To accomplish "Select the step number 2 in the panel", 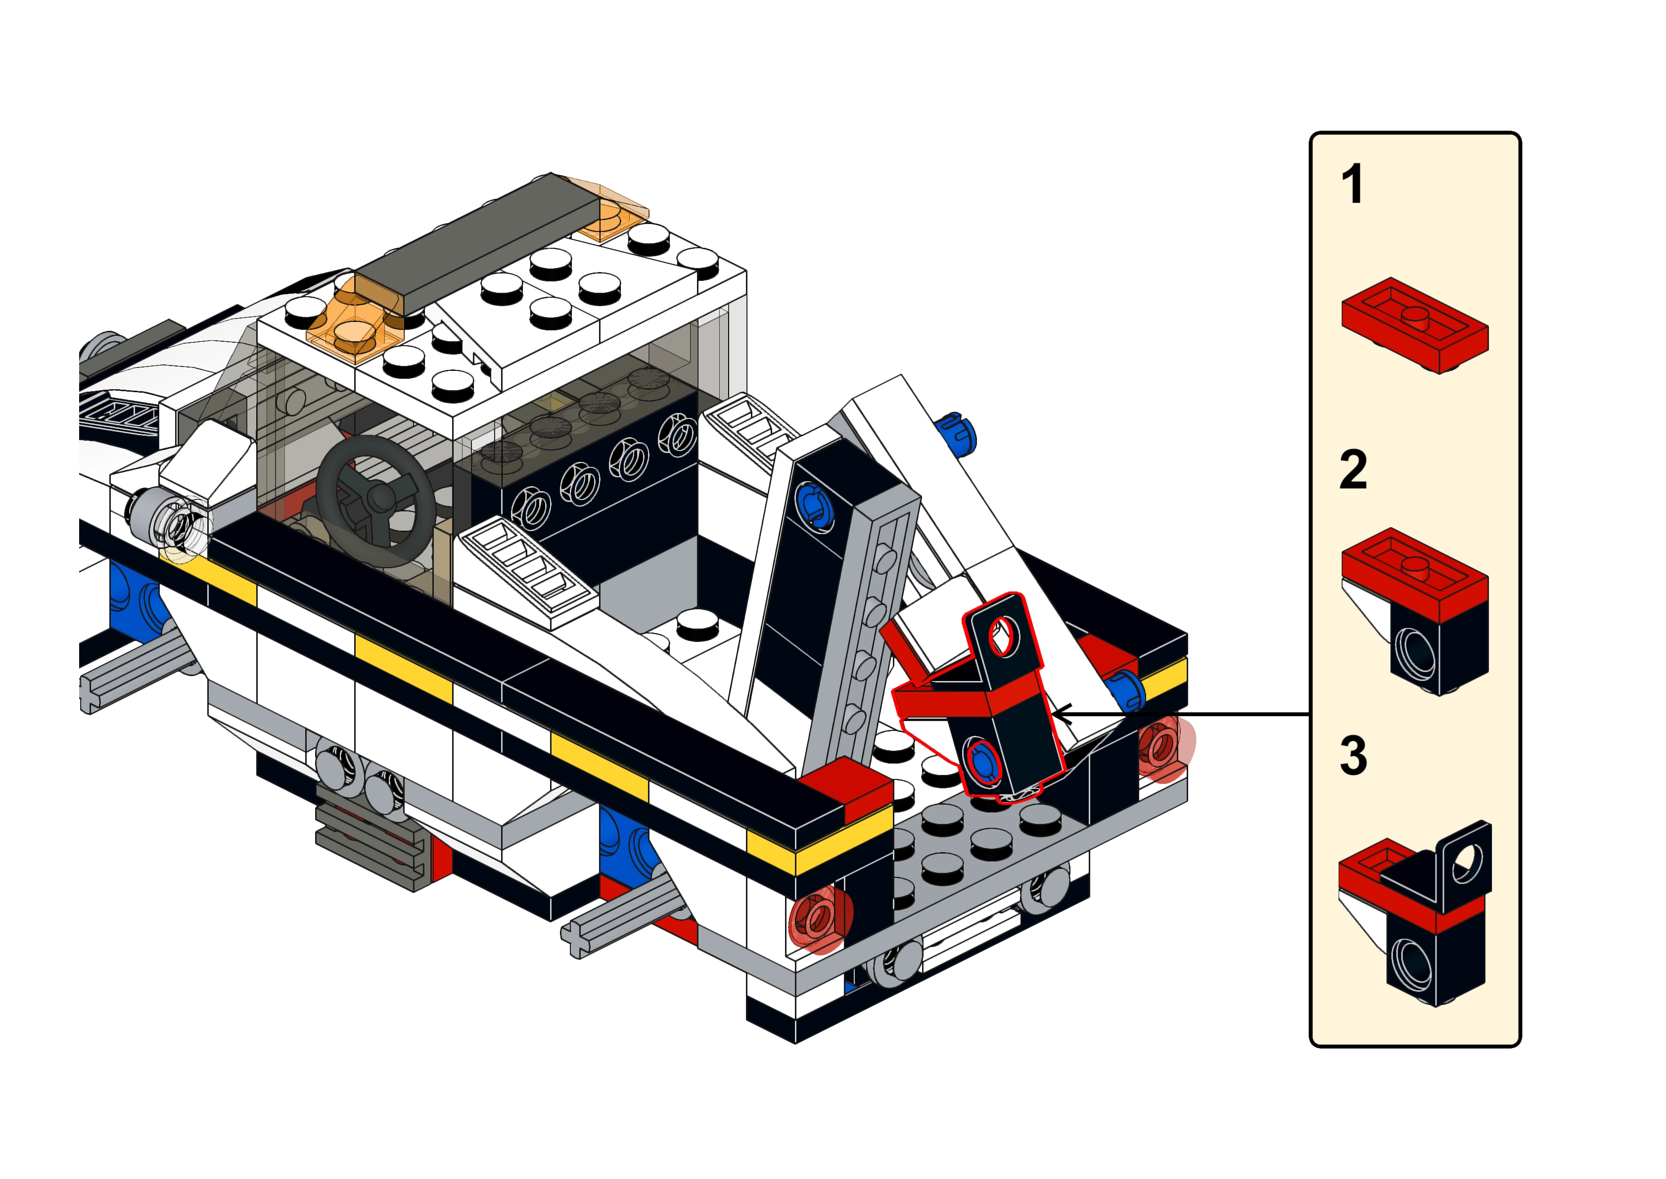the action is tap(1353, 470).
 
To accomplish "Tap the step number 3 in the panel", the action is tap(1353, 756).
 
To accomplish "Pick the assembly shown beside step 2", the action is tap(1415, 611).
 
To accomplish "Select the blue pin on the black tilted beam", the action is tap(813, 504).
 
